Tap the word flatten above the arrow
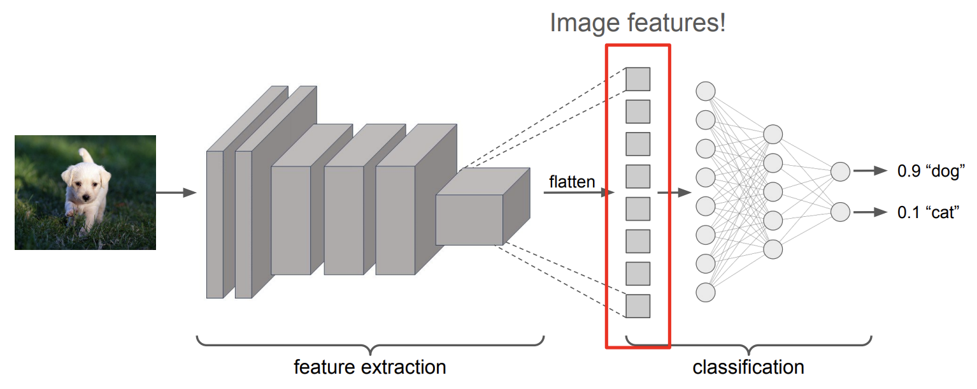tap(572, 182)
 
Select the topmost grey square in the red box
tap(638, 79)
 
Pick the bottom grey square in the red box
tap(638, 306)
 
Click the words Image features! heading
tap(638, 24)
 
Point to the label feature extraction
tap(369, 367)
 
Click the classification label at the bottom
tap(748, 367)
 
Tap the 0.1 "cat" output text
tap(927, 212)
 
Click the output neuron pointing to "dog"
tap(840, 171)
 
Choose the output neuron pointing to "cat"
tap(840, 212)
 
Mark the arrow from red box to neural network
tap(674, 192)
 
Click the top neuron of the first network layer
tap(705, 91)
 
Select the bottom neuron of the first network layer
tap(705, 292)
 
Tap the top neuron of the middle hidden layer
tap(773, 134)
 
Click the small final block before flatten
tap(470, 219)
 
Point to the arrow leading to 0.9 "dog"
tap(870, 171)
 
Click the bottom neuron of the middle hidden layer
tap(773, 249)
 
